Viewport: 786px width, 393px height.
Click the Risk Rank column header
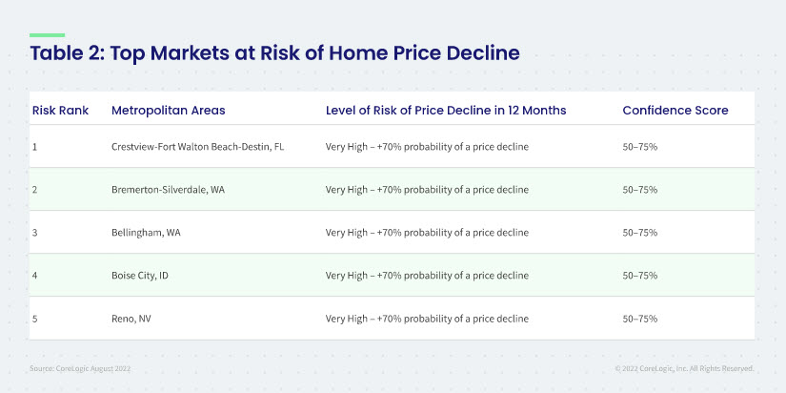point(60,111)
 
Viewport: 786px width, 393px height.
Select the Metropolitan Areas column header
point(169,111)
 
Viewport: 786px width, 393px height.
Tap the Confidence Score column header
point(675,111)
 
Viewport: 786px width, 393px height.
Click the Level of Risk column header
point(446,111)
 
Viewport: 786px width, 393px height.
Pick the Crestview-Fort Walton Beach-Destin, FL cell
point(197,147)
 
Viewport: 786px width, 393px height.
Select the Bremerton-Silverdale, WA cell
point(168,190)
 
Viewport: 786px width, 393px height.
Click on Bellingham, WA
point(146,233)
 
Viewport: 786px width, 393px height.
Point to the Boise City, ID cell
point(139,276)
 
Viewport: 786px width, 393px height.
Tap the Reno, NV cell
point(131,319)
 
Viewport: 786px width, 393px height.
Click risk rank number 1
point(34,147)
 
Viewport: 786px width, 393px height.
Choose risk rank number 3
point(34,233)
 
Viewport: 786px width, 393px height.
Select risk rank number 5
point(34,319)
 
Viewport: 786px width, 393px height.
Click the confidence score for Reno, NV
point(639,319)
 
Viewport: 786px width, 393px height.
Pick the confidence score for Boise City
point(639,276)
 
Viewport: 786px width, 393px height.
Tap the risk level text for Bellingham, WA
point(427,233)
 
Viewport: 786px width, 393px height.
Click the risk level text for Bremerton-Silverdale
point(427,190)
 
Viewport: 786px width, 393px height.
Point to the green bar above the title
point(47,35)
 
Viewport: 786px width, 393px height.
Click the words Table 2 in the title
point(66,53)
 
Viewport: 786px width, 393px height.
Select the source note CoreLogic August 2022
point(80,368)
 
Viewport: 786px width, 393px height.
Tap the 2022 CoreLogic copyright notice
point(685,368)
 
